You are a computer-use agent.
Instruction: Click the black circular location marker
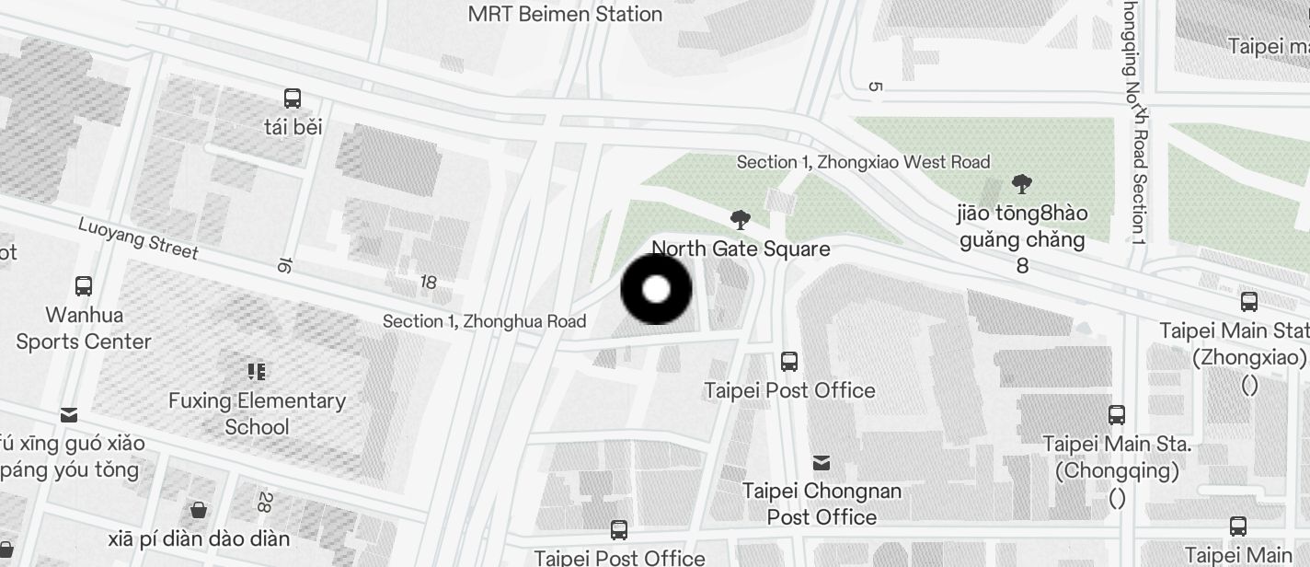point(656,289)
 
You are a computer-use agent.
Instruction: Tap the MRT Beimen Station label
point(565,14)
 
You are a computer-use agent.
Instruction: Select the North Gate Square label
point(741,249)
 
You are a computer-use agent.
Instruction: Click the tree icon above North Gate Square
point(740,219)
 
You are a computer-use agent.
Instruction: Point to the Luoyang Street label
point(138,238)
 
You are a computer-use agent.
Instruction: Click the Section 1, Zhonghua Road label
point(484,321)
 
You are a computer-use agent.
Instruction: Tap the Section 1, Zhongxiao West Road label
point(863,162)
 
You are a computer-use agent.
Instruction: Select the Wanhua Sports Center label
point(84,328)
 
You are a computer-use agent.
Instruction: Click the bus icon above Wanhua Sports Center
point(84,285)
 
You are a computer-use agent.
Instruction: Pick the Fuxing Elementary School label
point(257,413)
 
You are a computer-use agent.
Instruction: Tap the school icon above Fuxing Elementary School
point(257,372)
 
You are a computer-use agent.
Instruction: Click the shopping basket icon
point(198,509)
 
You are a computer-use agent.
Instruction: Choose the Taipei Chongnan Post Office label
point(822,503)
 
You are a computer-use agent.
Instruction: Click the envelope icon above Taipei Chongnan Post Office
point(822,462)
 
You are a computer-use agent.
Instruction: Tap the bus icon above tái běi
point(293,98)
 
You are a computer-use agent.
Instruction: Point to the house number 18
point(428,283)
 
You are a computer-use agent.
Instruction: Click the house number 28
point(264,503)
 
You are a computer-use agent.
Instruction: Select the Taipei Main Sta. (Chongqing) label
point(1117,457)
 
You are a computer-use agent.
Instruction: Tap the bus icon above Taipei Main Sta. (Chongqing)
point(1117,414)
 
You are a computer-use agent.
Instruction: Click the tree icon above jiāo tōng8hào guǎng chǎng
point(1021,184)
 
